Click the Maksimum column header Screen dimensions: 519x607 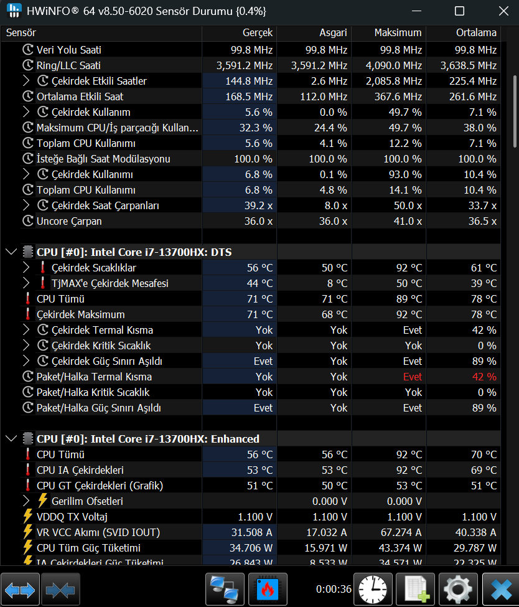[x=398, y=32]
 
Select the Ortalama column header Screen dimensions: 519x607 [x=476, y=32]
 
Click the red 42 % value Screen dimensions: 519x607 [x=484, y=377]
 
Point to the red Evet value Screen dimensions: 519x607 [x=412, y=377]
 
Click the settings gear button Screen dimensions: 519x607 [x=458, y=589]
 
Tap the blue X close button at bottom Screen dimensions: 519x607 [x=502, y=589]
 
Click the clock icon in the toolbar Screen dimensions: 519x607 [x=373, y=589]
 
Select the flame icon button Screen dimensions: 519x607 [x=268, y=589]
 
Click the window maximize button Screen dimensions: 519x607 [x=459, y=11]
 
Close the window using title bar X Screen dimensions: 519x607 [x=503, y=11]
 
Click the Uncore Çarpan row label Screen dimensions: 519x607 [x=69, y=221]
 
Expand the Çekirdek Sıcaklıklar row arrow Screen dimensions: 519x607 [x=26, y=268]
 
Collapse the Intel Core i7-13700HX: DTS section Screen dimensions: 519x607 [x=12, y=252]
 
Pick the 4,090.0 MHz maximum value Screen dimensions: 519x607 [x=393, y=65]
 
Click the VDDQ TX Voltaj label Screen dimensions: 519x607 [x=72, y=517]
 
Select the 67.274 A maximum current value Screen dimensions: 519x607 [x=401, y=532]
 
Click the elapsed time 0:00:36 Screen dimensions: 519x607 [x=334, y=589]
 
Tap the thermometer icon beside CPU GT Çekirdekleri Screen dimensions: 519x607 [x=27, y=486]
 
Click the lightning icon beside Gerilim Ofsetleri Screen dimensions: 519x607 [x=42, y=501]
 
